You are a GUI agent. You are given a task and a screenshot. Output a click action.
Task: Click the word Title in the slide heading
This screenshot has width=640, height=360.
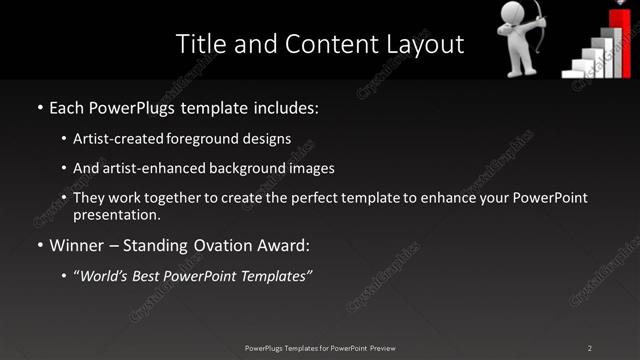(198, 44)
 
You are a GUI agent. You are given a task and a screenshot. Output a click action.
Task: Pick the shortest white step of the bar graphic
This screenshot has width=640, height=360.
(572, 73)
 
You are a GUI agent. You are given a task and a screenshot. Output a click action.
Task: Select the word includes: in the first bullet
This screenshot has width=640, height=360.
(283, 106)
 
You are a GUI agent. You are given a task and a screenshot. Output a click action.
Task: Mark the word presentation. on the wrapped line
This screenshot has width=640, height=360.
(117, 214)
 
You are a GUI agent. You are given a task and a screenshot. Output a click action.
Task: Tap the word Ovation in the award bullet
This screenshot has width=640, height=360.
(208, 244)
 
